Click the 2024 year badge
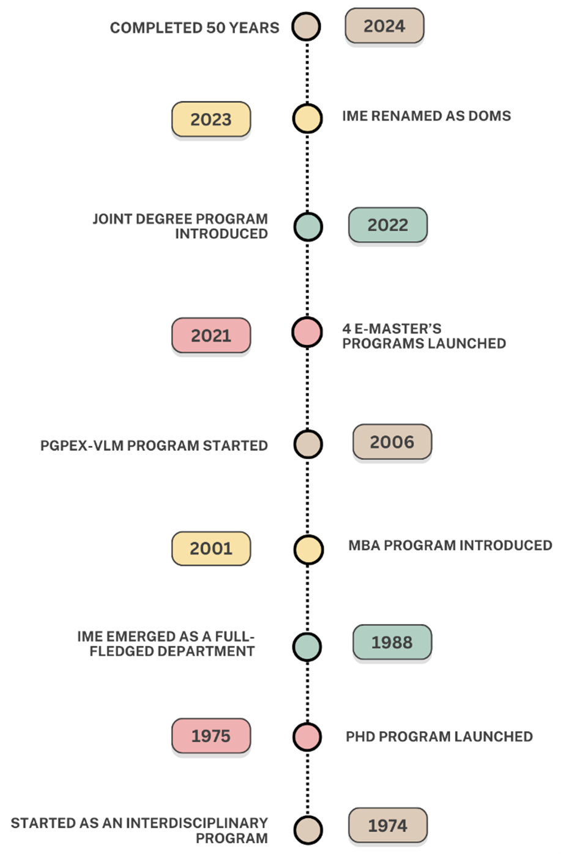[x=384, y=26]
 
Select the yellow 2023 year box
[x=211, y=119]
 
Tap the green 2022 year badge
[x=388, y=225]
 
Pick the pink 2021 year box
[x=211, y=335]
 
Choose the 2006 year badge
[x=392, y=442]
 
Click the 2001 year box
[x=211, y=549]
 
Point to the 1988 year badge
[x=392, y=642]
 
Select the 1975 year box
[x=211, y=736]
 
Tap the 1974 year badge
[x=388, y=825]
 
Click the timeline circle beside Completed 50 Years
[x=306, y=27]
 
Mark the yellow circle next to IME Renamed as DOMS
[x=307, y=119]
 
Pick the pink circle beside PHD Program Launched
[x=307, y=737]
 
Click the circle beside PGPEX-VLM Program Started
[x=308, y=444]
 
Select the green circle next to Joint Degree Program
[x=308, y=227]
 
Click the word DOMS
[x=489, y=116]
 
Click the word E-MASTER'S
[x=398, y=329]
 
